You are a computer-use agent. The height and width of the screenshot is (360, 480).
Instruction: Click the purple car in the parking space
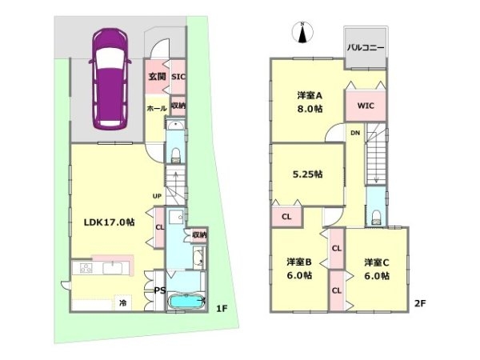(110, 78)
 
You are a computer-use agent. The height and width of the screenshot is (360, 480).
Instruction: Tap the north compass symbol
(302, 32)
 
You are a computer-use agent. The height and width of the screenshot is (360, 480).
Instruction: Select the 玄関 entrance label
(158, 76)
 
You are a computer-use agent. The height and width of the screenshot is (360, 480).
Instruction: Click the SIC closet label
(178, 77)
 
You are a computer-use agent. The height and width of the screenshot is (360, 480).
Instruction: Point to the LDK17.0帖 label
(110, 222)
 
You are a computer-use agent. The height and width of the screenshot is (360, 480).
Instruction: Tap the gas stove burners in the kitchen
(86, 268)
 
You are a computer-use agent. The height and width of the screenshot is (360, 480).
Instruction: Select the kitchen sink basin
(112, 268)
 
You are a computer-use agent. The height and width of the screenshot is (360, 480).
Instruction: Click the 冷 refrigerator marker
(122, 303)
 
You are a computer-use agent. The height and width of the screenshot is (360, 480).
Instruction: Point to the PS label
(160, 290)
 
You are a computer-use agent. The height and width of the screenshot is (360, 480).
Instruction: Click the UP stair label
(157, 196)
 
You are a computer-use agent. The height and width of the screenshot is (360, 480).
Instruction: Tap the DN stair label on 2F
(355, 133)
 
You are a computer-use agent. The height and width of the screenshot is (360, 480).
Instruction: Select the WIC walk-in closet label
(366, 106)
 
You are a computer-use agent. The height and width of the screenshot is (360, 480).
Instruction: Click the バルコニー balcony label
(366, 48)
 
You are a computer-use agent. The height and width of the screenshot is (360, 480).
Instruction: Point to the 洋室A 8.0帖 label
(310, 102)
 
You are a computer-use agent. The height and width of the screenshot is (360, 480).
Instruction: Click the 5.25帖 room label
(308, 174)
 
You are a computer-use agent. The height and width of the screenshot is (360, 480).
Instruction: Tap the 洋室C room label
(377, 262)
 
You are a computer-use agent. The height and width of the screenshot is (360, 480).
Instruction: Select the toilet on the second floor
(376, 217)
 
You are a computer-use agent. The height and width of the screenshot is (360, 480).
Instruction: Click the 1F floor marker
(222, 309)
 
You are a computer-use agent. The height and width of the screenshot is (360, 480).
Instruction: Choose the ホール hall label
(157, 108)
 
